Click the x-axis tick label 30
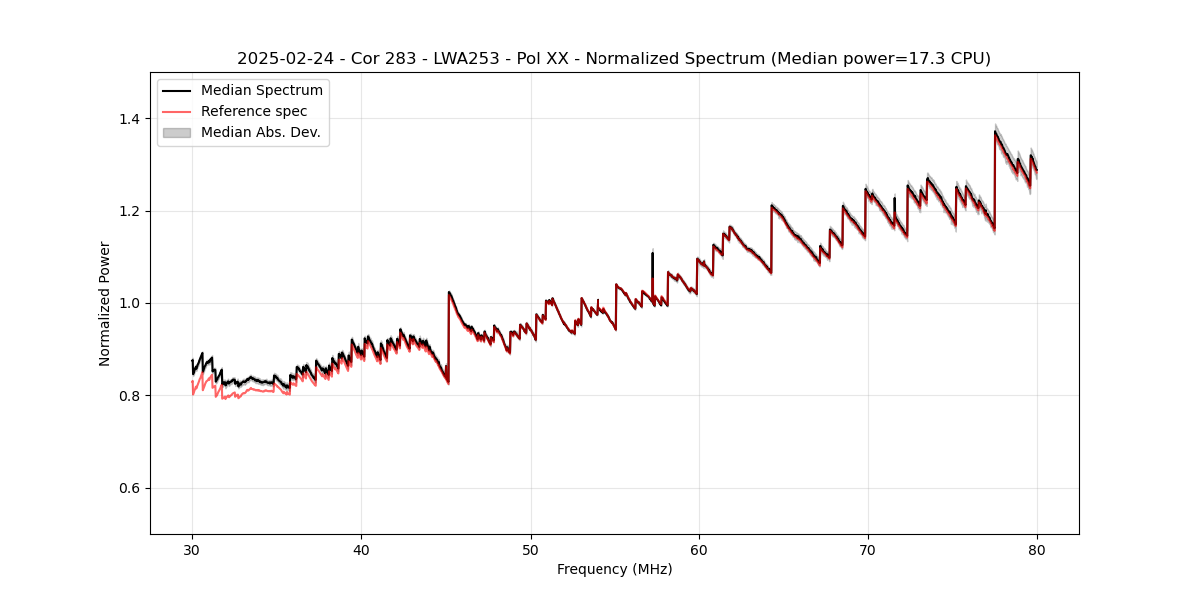pos(192,549)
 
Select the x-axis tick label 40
pos(361,549)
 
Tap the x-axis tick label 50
pos(530,549)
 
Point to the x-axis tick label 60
pos(699,549)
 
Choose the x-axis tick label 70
pos(868,549)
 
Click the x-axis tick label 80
pos(1037,549)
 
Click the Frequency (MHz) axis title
pos(614,569)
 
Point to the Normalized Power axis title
pos(105,303)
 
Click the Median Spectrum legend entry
pos(261,91)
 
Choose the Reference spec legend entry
pos(254,111)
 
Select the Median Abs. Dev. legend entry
pos(260,132)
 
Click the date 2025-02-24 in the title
pos(281,59)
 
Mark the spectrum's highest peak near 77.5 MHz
pos(995,131)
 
